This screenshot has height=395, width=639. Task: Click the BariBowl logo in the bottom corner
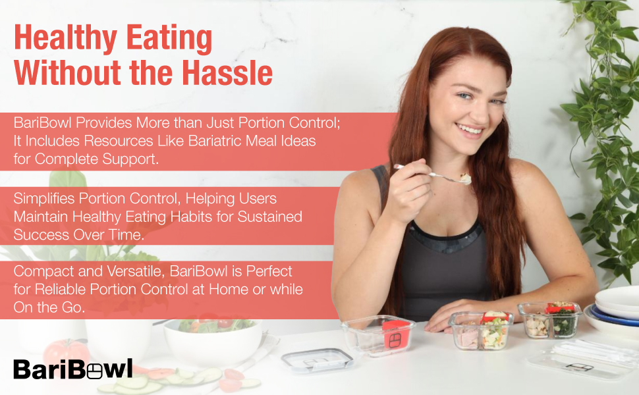(73, 369)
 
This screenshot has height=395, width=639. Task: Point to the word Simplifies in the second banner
(44, 199)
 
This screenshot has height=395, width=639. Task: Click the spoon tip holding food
(464, 178)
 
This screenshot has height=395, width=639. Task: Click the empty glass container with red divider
(378, 335)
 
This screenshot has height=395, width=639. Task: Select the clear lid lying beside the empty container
(317, 360)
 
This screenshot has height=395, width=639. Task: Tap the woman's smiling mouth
(470, 130)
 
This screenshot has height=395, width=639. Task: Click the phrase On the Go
(49, 307)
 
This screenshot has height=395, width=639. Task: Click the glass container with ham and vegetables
(481, 330)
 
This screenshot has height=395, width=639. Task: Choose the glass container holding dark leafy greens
(550, 320)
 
